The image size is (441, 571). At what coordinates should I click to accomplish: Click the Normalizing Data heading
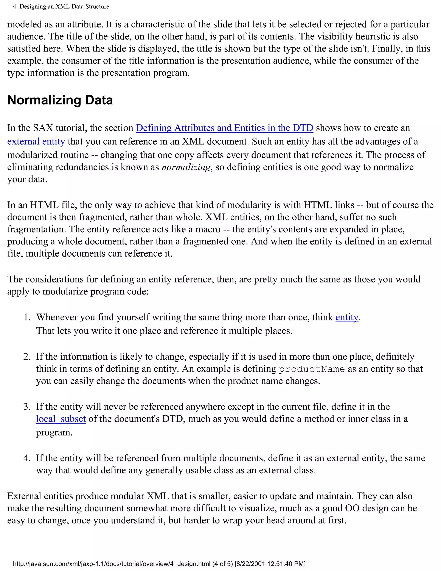[60, 100]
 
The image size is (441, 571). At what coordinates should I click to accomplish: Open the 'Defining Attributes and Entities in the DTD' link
[224, 128]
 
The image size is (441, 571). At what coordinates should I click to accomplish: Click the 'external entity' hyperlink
[36, 141]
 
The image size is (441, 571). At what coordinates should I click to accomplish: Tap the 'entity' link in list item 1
[347, 317]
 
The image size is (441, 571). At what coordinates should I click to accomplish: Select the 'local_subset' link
[61, 419]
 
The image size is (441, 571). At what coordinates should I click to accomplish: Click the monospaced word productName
[312, 369]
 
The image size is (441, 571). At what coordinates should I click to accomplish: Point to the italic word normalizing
[186, 167]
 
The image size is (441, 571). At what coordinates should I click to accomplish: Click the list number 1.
[27, 317]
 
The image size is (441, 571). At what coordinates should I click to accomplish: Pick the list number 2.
[27, 357]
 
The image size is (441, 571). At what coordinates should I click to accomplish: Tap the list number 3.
[27, 407]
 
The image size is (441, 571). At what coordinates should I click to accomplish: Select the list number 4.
[27, 458]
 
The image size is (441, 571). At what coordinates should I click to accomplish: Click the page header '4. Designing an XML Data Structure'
[61, 6]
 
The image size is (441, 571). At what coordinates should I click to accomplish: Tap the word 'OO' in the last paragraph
[352, 508]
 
